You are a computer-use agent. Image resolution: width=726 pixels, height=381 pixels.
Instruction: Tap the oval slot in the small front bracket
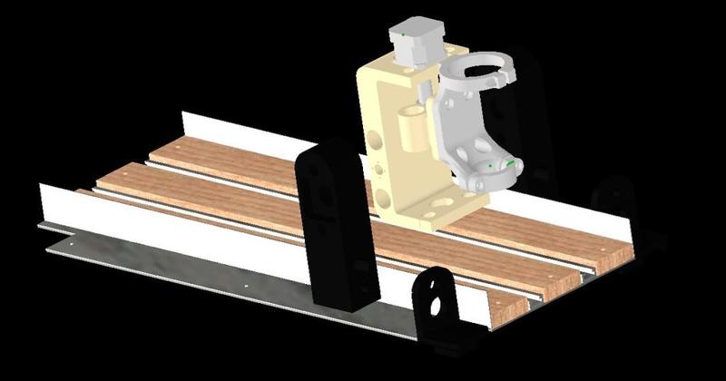(441, 305)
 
